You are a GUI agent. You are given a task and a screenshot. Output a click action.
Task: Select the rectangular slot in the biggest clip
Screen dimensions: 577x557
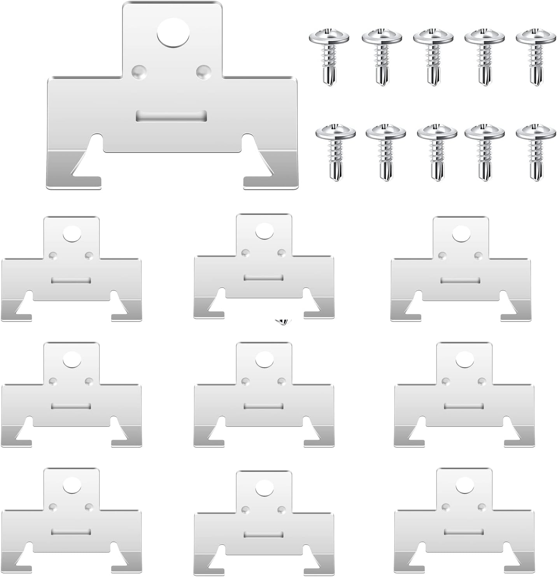pos(171,116)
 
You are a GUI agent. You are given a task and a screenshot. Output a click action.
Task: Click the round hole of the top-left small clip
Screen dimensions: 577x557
pos(72,234)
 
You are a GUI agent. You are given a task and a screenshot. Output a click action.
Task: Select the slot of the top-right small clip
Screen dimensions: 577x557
pos(460,280)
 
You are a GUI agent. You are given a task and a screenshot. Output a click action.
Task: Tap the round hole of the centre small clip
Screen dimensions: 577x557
pos(264,359)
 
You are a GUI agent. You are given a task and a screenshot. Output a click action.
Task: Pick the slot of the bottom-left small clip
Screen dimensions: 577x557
pos(71,532)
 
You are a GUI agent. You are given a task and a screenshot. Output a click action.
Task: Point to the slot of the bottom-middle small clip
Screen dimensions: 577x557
pos(263,534)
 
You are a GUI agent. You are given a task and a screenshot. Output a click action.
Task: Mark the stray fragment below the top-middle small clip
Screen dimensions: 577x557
pos(282,322)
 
